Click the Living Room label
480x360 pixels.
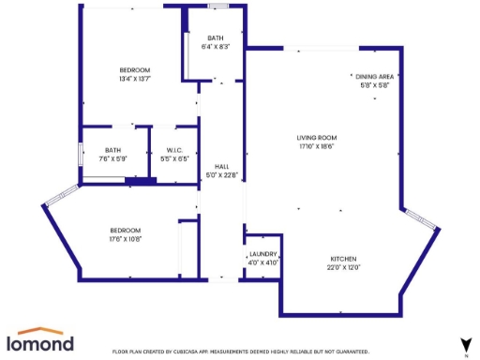[316, 138]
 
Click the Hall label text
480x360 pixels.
[221, 166]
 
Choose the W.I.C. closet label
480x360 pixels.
[174, 150]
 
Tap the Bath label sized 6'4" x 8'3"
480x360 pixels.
[216, 37]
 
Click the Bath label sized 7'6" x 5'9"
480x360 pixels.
[112, 150]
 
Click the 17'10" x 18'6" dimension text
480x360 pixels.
[316, 146]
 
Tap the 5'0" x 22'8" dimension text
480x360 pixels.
[221, 174]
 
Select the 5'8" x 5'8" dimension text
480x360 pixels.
[373, 84]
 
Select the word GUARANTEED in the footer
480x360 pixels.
[350, 351]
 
